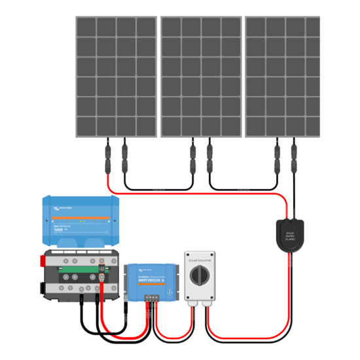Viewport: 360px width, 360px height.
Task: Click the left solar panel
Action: coord(116,77)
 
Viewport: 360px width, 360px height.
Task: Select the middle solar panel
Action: coord(201,77)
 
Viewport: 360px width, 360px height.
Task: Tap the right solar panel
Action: coord(283,77)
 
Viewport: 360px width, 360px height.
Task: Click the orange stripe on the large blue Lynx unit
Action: coord(77,218)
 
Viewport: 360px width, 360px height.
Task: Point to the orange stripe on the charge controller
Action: coord(151,275)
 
